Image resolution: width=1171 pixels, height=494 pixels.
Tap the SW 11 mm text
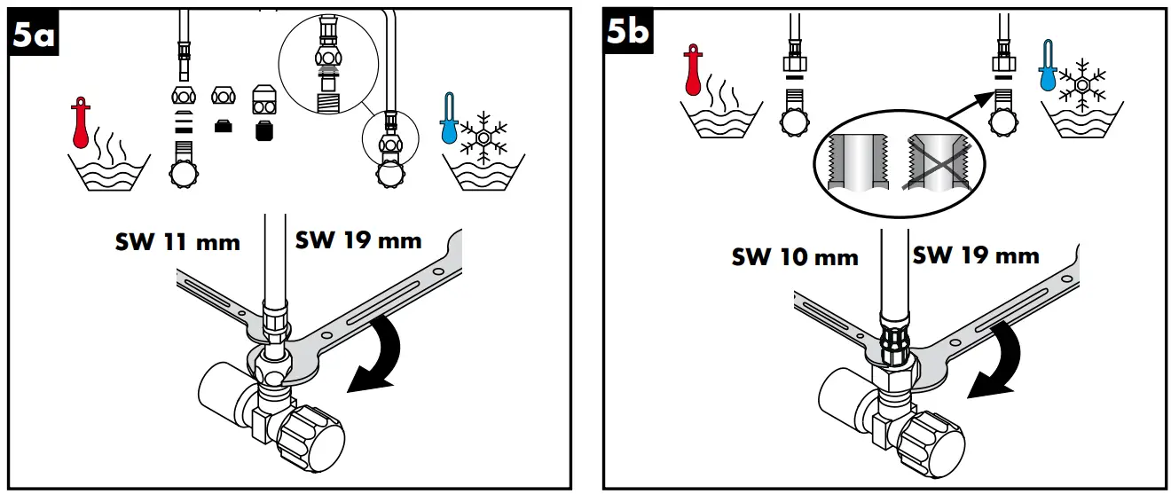pyautogui.click(x=177, y=242)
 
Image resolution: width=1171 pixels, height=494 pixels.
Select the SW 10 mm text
pyautogui.click(x=795, y=257)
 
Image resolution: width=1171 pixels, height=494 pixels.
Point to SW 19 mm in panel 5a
pyautogui.click(x=358, y=240)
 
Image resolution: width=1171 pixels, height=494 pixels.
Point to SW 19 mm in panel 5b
pyautogui.click(x=976, y=255)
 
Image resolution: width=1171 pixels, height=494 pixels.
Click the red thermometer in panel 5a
pyautogui.click(x=82, y=124)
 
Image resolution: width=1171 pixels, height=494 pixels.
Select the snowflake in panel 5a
pyautogui.click(x=484, y=136)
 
